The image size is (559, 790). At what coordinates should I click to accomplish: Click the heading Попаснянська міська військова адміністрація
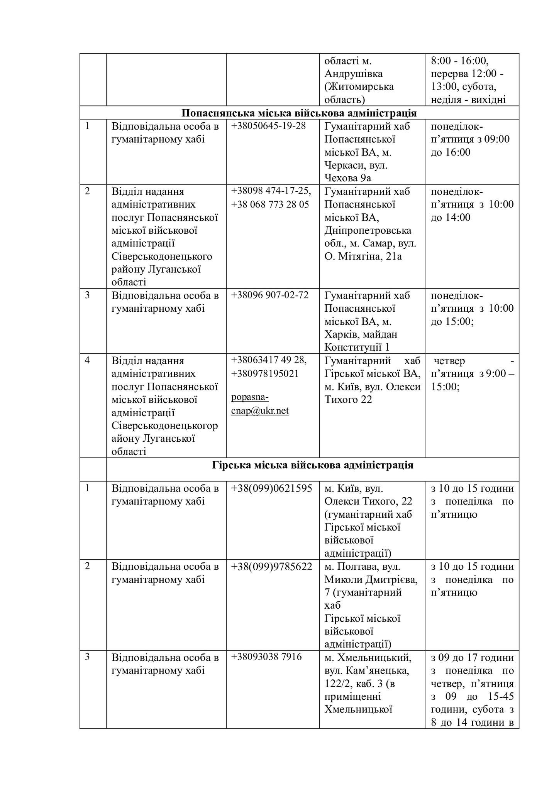299,113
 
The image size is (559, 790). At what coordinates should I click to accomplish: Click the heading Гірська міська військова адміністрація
313,465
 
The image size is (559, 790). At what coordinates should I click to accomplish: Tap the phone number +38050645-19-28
268,126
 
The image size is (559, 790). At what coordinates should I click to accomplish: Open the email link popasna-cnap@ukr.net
260,404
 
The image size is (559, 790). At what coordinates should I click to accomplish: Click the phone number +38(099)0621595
271,488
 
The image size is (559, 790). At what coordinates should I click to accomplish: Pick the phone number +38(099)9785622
271,567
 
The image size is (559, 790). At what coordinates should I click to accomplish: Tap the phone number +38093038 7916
266,657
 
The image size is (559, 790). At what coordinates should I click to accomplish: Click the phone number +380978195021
265,374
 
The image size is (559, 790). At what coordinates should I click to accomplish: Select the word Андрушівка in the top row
353,74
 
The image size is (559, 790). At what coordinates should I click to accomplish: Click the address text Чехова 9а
347,178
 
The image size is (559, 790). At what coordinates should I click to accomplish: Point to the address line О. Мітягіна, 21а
363,256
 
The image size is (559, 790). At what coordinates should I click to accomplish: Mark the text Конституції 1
357,347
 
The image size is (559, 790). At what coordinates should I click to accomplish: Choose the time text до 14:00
451,218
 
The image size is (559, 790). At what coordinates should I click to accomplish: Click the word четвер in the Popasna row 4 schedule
449,361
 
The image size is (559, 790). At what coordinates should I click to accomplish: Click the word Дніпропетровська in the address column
368,231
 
